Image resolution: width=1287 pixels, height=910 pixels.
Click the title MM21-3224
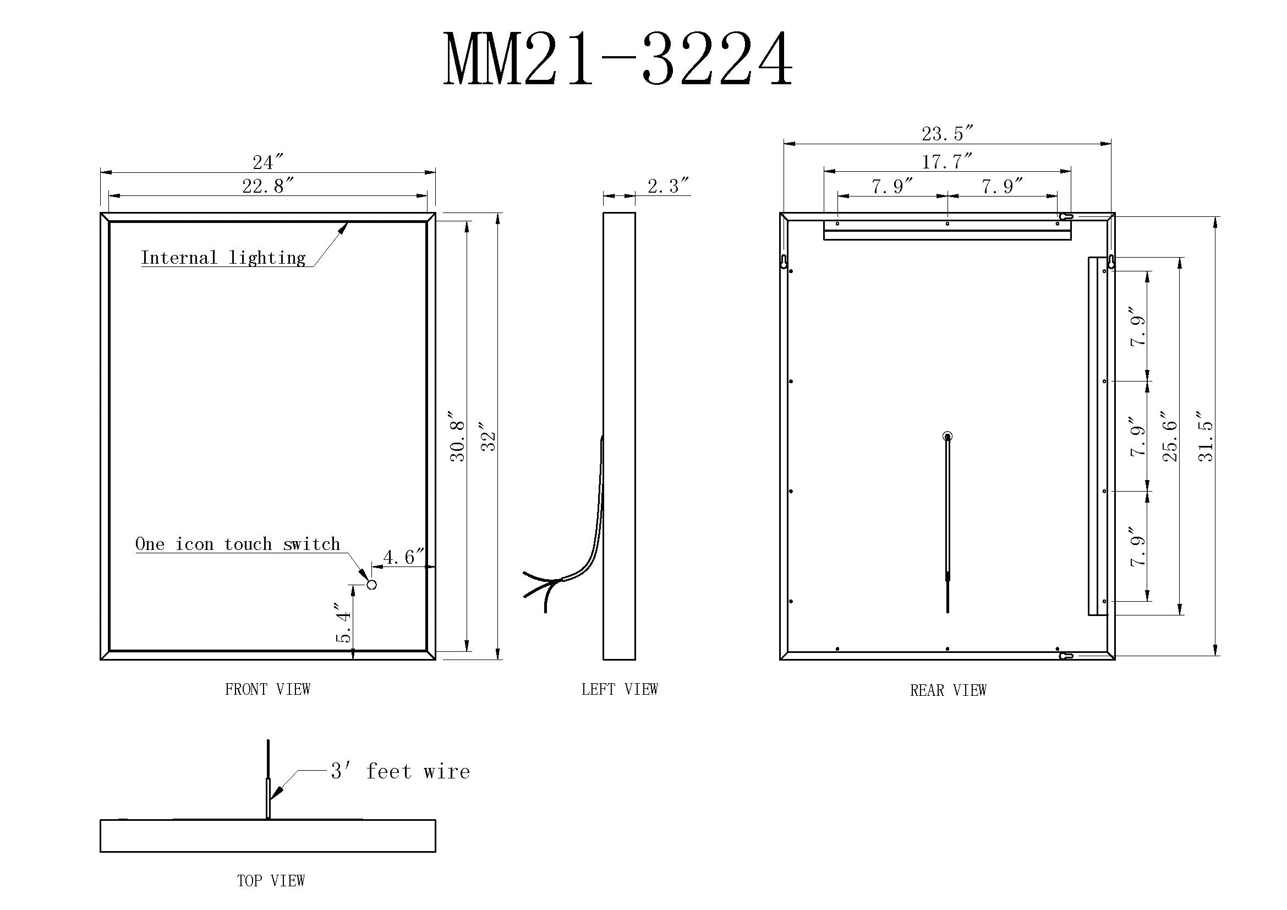click(x=618, y=59)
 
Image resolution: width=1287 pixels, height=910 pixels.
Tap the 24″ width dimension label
click(x=268, y=162)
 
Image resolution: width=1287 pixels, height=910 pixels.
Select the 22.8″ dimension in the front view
click(x=268, y=186)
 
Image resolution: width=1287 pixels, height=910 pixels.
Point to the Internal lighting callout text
click(x=223, y=258)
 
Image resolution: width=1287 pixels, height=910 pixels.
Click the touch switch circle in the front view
click(x=371, y=585)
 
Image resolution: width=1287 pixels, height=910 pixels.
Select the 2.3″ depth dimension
click(x=667, y=186)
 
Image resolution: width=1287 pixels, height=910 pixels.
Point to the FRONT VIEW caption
click(x=267, y=690)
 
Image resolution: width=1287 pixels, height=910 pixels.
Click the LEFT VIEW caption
click(x=620, y=690)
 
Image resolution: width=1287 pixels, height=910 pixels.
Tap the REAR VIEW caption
click(x=948, y=691)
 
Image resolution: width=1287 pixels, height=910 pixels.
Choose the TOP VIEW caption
click(x=271, y=881)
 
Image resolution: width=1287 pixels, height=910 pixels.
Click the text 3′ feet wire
click(x=400, y=771)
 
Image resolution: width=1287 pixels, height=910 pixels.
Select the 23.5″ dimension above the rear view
click(x=948, y=134)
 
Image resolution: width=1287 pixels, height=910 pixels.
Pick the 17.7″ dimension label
click(x=948, y=162)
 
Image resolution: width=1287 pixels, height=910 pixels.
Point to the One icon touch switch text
click(x=238, y=544)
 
